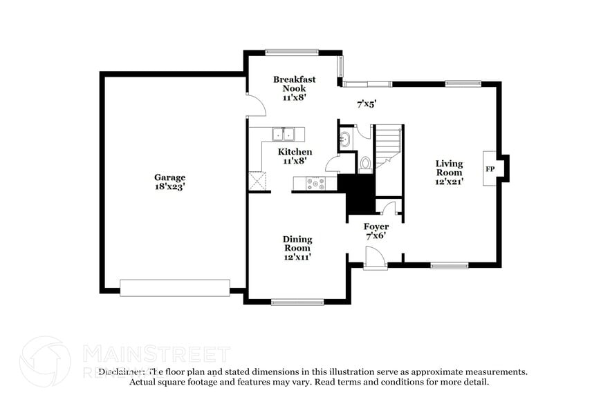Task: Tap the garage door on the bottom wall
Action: [x=174, y=287]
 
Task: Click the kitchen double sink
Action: [x=284, y=134]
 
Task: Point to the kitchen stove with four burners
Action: [x=316, y=184]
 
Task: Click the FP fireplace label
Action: [x=490, y=169]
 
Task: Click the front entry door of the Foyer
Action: [x=375, y=260]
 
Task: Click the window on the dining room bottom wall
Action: [x=297, y=302]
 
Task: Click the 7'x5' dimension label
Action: [x=367, y=104]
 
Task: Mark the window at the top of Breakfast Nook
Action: [x=291, y=52]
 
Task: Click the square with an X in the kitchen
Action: [x=257, y=181]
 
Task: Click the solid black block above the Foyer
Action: [x=359, y=195]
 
